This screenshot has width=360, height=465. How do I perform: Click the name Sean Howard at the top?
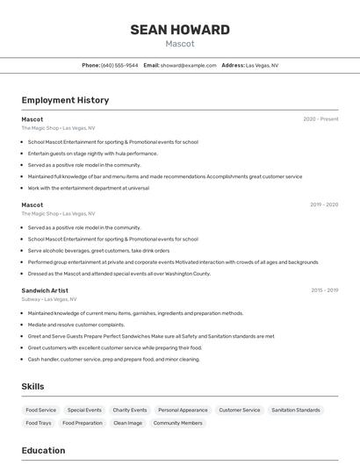point(179,30)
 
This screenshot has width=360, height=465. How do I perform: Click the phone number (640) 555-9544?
point(119,65)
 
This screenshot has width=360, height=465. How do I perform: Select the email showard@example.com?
point(188,65)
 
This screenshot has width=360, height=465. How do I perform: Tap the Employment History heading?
point(65,100)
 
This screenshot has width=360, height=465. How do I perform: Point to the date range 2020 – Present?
point(320,119)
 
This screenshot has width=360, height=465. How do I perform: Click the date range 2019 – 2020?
point(324,204)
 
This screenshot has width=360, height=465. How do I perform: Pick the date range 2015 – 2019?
point(324,290)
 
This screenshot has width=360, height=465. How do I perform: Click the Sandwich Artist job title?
point(45,290)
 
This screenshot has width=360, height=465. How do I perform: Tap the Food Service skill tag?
point(41,410)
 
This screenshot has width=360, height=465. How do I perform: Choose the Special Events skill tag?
point(84,410)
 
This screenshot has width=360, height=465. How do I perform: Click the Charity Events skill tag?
point(130,410)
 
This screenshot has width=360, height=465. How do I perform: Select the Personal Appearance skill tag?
point(183,410)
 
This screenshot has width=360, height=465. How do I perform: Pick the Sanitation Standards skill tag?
point(296,410)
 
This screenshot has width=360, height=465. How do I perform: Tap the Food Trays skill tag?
point(39,423)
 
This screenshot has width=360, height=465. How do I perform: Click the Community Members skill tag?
point(178,423)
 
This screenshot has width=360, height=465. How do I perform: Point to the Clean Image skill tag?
point(128,423)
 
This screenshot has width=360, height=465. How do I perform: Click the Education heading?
point(43,451)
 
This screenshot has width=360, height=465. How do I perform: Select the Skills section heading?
point(32,386)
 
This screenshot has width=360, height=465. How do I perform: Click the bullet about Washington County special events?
point(119,273)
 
